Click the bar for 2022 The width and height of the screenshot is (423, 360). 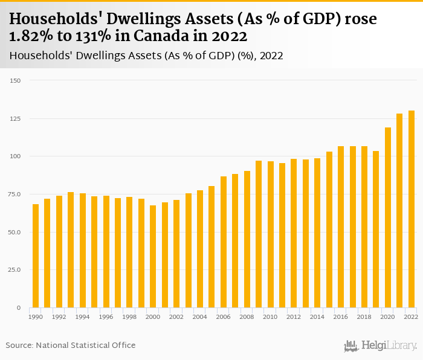click(412, 209)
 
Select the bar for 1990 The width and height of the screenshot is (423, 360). click(36, 256)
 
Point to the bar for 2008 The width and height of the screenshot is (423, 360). click(247, 239)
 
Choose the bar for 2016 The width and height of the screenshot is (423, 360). click(341, 227)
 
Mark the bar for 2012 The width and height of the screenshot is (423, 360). click(294, 233)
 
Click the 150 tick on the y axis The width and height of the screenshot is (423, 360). click(15, 80)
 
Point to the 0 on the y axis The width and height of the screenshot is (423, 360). click(19, 308)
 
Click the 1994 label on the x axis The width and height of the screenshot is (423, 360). click(83, 317)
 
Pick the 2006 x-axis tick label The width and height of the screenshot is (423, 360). click(224, 317)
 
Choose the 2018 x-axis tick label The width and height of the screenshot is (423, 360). click(364, 317)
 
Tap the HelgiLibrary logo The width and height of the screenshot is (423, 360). click(381, 346)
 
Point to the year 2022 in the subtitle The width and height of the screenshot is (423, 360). click(271, 56)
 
